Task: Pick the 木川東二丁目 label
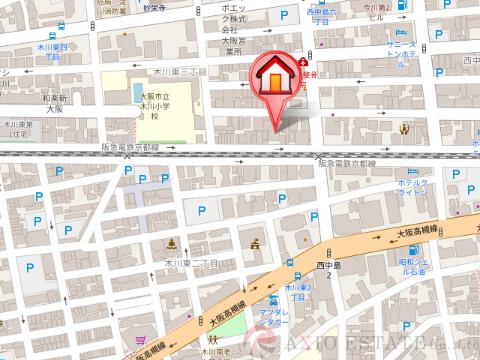191,261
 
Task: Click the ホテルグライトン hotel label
414,190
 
